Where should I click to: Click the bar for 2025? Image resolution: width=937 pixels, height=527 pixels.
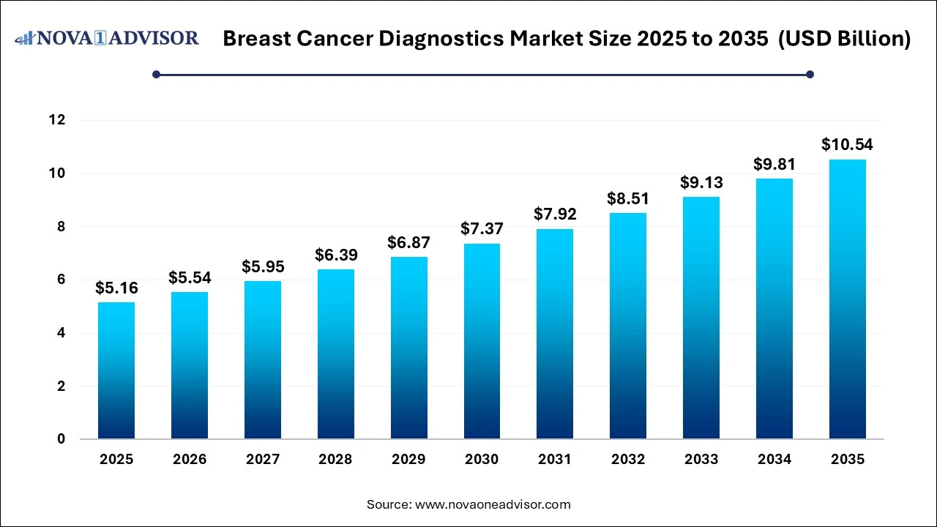pyautogui.click(x=116, y=370)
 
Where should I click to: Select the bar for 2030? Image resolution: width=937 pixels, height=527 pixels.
pyautogui.click(x=482, y=341)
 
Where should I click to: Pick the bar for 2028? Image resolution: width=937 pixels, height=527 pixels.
pyautogui.click(x=335, y=354)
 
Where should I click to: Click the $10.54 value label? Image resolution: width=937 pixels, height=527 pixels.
pyautogui.click(x=847, y=144)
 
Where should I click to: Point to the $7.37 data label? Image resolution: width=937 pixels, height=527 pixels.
pyautogui.click(x=482, y=228)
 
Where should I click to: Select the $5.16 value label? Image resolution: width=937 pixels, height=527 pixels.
pyautogui.click(x=116, y=288)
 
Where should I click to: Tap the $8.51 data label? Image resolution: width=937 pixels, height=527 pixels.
pyautogui.click(x=628, y=198)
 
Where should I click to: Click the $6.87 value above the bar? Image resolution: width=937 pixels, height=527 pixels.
pyautogui.click(x=408, y=242)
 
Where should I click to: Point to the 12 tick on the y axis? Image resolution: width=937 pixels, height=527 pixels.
pyautogui.click(x=57, y=120)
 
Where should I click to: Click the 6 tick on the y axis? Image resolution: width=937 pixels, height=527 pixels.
pyautogui.click(x=61, y=280)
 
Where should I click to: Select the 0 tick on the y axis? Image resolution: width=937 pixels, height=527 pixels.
pyautogui.click(x=61, y=439)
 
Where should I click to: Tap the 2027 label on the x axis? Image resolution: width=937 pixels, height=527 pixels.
pyautogui.click(x=263, y=460)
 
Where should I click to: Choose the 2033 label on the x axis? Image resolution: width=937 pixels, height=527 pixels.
pyautogui.click(x=701, y=460)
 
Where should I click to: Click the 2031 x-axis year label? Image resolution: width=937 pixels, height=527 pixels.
pyautogui.click(x=555, y=460)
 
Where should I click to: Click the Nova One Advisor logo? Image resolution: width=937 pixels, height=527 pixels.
pyautogui.click(x=107, y=37)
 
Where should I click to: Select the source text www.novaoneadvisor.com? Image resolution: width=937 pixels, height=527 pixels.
pyautogui.click(x=493, y=504)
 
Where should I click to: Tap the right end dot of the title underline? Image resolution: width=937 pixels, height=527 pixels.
pyautogui.click(x=810, y=74)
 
